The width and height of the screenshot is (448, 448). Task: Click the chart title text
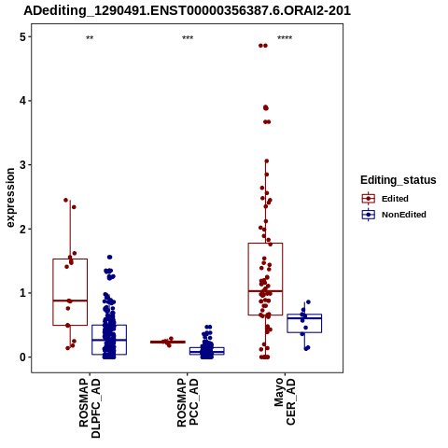pos(187,11)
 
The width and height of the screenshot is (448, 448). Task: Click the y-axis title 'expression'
pos(10,198)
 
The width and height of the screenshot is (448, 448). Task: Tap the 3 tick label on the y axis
pos(23,165)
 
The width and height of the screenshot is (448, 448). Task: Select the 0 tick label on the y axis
pos(23,357)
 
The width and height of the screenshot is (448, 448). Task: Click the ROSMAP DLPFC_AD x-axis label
pos(90,408)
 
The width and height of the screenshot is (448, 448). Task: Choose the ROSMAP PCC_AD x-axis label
pos(188,402)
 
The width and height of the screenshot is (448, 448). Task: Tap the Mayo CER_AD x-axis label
pos(285,401)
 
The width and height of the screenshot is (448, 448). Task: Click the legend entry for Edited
pos(385,199)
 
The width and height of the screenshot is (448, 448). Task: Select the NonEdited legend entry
pos(394,215)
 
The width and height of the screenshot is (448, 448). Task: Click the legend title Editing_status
pos(399,180)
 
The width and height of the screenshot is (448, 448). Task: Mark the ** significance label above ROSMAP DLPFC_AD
pos(90,38)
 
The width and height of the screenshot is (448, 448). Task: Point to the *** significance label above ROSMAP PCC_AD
pos(188,38)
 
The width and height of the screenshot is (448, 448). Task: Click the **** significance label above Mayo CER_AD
pos(285,38)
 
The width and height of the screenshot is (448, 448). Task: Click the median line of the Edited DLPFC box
pos(70,301)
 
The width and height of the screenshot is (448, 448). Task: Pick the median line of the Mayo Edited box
pos(265,291)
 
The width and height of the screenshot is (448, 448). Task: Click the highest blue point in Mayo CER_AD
pos(308,302)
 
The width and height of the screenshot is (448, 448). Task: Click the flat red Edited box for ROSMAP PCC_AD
pos(168,342)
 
